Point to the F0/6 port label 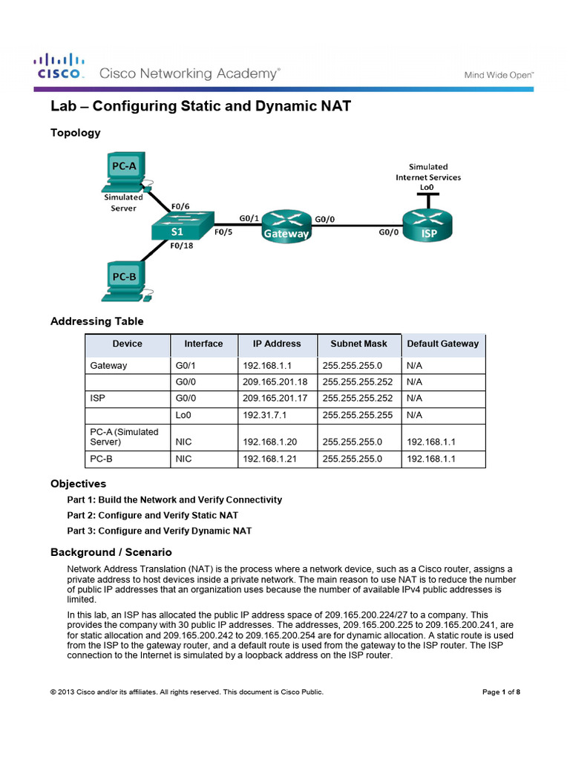pos(180,207)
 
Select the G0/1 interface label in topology pos(249,218)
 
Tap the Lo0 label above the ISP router pos(427,188)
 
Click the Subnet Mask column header pos(359,344)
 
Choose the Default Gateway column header pos(442,344)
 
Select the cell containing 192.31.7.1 pos(264,416)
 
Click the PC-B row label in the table pos(101,459)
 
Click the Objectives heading pos(78,484)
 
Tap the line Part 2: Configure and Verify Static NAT pos(152,515)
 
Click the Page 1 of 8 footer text pos(501,692)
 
